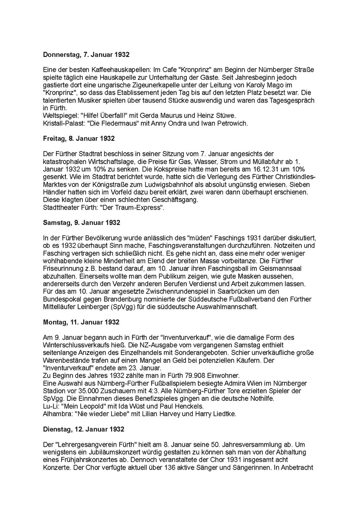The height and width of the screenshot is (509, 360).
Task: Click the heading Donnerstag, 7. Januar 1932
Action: [86, 55]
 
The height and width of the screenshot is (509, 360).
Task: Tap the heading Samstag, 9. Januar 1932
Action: [82, 222]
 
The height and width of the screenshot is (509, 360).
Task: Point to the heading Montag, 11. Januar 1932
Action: [81, 322]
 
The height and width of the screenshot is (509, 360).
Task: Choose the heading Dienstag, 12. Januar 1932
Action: [84, 429]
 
